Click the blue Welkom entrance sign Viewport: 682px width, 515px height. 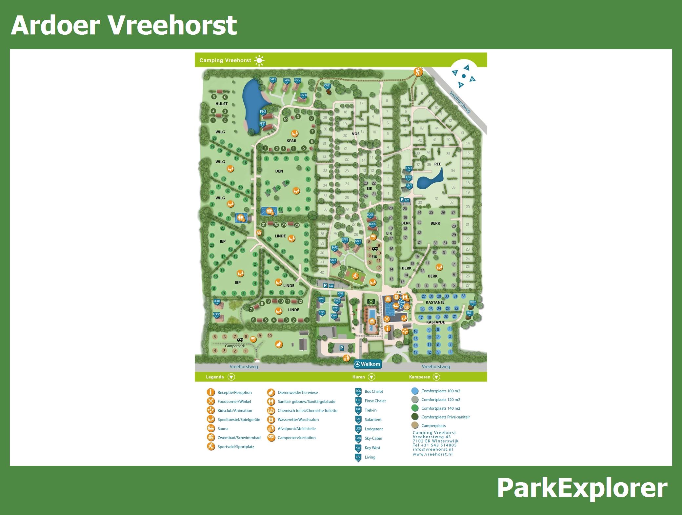pyautogui.click(x=368, y=364)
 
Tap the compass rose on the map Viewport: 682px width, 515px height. pyautogui.click(x=463, y=76)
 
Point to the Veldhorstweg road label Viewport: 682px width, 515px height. pyautogui.click(x=460, y=102)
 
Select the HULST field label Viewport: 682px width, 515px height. pyautogui.click(x=221, y=104)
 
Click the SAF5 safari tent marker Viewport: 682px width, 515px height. pyautogui.click(x=273, y=80)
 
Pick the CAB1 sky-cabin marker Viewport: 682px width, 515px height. pyautogui.click(x=327, y=86)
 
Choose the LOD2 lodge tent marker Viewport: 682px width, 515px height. pyautogui.click(x=216, y=315)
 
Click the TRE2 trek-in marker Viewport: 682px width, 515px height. pyautogui.click(x=472, y=303)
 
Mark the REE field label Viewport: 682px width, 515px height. pyautogui.click(x=437, y=164)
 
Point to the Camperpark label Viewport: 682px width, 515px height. pyautogui.click(x=235, y=346)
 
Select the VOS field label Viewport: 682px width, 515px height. pyautogui.click(x=356, y=134)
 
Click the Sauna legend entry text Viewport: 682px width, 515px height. pyautogui.click(x=223, y=429)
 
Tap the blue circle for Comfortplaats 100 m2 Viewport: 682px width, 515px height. pyautogui.click(x=415, y=391)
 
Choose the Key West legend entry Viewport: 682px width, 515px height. pyautogui.click(x=373, y=448)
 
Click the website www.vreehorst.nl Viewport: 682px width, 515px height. pyautogui.click(x=432, y=454)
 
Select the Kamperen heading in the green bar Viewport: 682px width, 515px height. pyautogui.click(x=420, y=377)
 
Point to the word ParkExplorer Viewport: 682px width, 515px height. pyautogui.click(x=582, y=488)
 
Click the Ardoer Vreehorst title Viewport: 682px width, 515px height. pyautogui.click(x=124, y=25)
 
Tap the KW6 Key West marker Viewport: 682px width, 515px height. pyautogui.click(x=321, y=299)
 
